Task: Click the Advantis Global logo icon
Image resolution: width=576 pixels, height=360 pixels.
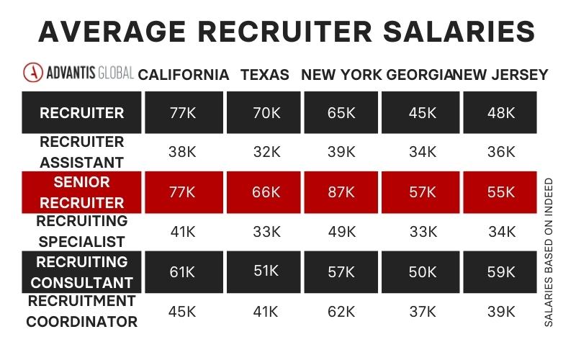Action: click(x=32, y=73)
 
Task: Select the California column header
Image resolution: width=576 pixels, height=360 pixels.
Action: click(x=184, y=75)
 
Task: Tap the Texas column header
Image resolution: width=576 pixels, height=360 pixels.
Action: click(x=265, y=75)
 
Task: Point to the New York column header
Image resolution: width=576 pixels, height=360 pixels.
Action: click(x=341, y=75)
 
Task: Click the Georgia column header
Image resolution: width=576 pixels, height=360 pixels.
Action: click(x=421, y=75)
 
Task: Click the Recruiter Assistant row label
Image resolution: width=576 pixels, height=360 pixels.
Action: click(x=81, y=152)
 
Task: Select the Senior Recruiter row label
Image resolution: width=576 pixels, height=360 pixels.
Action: click(x=81, y=192)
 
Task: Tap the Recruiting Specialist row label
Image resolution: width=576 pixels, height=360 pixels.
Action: click(x=81, y=231)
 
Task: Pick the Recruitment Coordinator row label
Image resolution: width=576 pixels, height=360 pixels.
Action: click(x=81, y=310)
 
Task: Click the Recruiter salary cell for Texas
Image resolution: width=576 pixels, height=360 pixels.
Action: click(x=264, y=113)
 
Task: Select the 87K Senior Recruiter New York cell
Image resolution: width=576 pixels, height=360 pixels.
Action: click(x=341, y=192)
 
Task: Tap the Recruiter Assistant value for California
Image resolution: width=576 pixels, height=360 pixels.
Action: click(x=182, y=152)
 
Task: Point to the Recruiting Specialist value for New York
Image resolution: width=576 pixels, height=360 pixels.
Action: click(x=341, y=232)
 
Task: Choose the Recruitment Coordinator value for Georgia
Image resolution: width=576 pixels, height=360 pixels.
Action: click(x=422, y=311)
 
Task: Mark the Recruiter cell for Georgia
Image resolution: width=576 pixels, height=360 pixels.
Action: click(x=422, y=113)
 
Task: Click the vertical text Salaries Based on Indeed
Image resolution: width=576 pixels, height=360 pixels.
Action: click(x=549, y=253)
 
